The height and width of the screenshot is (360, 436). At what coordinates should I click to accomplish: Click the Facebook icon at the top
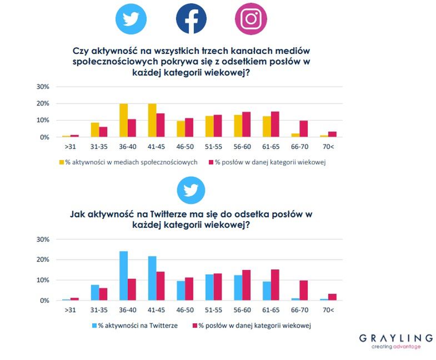pos(191,18)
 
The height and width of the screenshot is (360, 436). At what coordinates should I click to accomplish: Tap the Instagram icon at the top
pos(250,18)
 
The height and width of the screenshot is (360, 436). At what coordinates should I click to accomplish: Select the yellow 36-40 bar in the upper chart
pos(123,120)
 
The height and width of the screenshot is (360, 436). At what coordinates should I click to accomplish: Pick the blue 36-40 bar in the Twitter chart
pos(123,276)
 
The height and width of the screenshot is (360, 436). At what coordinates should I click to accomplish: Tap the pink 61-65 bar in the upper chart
pos(275,124)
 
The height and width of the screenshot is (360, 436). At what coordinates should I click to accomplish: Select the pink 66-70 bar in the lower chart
pos(304,290)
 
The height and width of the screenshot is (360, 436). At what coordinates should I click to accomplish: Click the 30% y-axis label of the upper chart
pos(43,87)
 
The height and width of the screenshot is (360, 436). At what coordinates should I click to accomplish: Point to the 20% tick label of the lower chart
pos(43,259)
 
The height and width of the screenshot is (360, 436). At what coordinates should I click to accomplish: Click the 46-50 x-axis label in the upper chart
pos(185,147)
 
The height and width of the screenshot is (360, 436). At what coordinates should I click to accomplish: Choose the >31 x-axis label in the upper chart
pos(70,147)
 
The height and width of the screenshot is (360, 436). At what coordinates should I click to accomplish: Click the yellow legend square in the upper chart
pos(62,162)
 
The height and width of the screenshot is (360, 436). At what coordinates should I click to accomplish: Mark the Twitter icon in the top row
pos(131,18)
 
